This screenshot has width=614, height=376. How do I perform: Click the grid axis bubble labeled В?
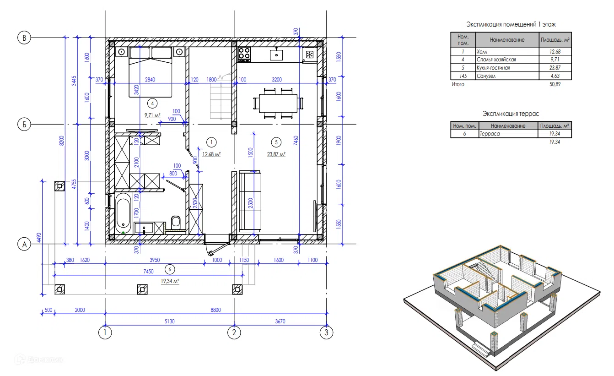click(x=24, y=38)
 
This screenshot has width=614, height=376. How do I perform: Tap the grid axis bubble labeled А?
click(x=24, y=244)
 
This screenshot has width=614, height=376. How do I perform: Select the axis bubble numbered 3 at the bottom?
click(x=326, y=332)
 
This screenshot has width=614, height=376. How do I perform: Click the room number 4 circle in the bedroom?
click(x=152, y=104)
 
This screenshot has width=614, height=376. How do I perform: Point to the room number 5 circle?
click(x=276, y=142)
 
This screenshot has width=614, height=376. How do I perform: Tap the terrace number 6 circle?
click(x=170, y=269)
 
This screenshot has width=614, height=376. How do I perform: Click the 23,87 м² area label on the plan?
click(x=276, y=154)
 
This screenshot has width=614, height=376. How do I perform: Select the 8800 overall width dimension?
click(x=215, y=310)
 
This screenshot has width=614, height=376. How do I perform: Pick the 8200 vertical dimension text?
click(x=62, y=141)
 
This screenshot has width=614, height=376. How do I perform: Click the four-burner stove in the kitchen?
click(x=244, y=54)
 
